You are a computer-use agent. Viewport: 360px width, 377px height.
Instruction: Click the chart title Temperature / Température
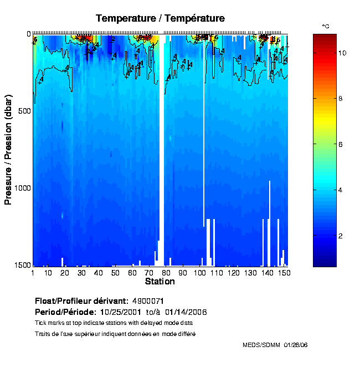(160, 18)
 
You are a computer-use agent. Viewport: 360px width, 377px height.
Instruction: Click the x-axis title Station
(160, 282)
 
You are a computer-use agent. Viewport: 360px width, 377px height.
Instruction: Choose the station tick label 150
(283, 273)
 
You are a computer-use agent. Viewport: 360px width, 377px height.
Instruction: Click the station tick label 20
(65, 273)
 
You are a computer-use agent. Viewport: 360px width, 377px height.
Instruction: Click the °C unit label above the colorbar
(326, 26)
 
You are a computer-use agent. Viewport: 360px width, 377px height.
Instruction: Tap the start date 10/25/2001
(121, 312)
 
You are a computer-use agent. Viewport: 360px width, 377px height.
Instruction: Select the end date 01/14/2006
(186, 312)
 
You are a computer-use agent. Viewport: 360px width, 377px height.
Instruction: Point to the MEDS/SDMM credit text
(275, 345)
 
